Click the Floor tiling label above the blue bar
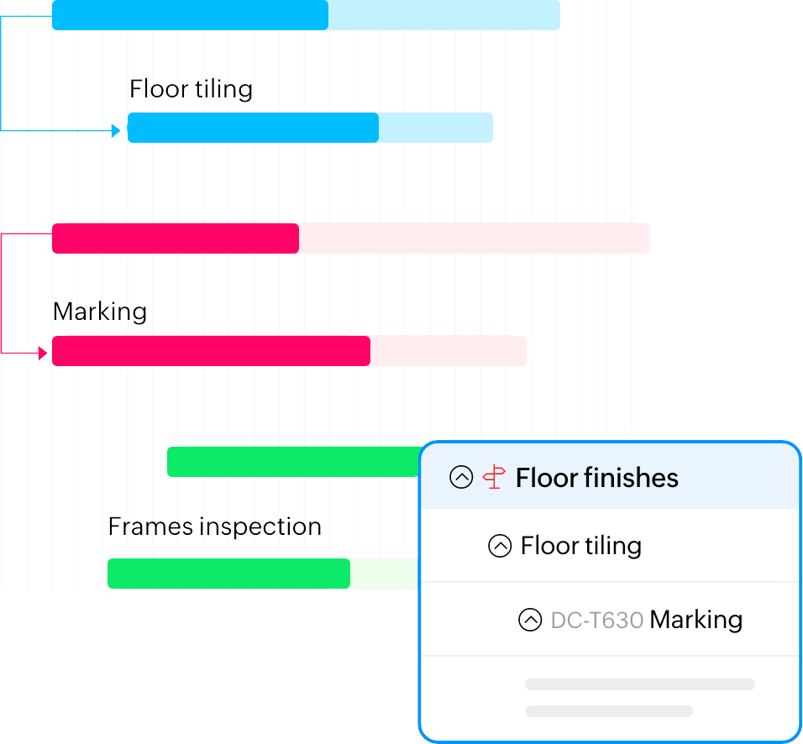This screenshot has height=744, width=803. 191,89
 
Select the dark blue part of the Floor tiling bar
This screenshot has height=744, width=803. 253,128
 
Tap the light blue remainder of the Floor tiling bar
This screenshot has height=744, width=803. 435,128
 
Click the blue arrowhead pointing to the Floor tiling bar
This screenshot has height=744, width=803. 116,130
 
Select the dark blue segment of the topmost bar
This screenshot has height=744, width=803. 190,15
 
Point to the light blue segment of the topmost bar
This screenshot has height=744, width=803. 443,15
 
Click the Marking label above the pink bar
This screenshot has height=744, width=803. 100,312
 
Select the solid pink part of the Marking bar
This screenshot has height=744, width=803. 211,351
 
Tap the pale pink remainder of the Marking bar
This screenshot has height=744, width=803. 448,351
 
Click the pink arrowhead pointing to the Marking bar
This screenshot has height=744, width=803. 43,354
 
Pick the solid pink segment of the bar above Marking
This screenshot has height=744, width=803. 176,238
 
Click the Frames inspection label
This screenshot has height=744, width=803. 215,527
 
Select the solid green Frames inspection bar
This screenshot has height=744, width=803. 228,574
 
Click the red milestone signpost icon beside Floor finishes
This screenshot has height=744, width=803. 494,478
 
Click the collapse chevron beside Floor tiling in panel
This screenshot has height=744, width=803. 500,547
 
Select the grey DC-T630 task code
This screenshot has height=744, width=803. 597,621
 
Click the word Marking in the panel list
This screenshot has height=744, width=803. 696,621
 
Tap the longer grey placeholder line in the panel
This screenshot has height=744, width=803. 639,684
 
